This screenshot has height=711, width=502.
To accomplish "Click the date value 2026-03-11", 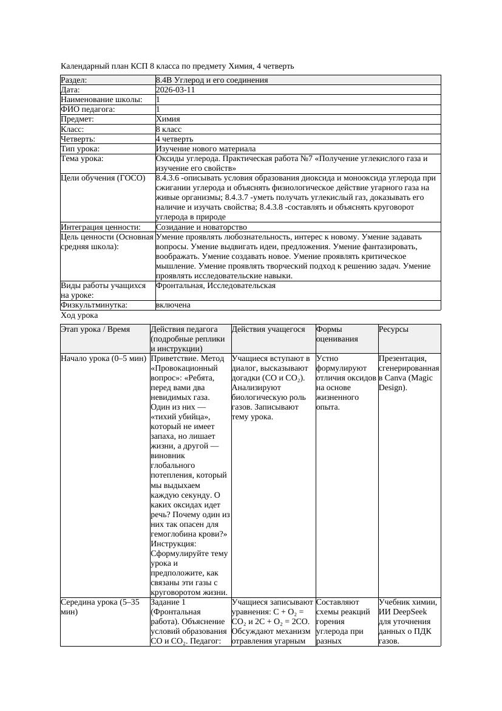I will click(x=175, y=90).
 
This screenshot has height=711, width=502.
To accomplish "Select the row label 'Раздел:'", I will click(x=74, y=80).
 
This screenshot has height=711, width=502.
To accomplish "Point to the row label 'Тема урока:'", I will click(x=83, y=159).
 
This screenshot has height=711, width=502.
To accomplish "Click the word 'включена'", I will click(x=173, y=305).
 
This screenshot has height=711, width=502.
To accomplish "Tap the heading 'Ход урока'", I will click(x=80, y=315).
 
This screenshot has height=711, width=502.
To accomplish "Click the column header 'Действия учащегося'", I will click(x=268, y=329).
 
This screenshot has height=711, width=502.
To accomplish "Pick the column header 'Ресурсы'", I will click(x=393, y=329).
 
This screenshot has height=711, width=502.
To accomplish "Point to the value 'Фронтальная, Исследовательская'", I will click(x=215, y=286).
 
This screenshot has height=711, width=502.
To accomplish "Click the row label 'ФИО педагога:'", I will click(x=89, y=109).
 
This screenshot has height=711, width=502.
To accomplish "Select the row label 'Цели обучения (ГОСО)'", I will click(x=103, y=178).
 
